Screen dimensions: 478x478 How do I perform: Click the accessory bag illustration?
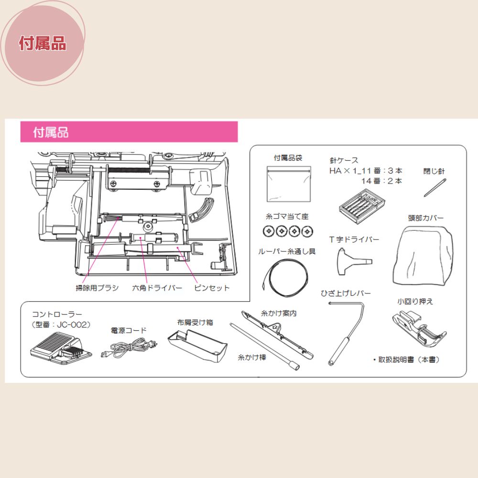tap(288, 184)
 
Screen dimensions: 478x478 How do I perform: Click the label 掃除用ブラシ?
tap(97, 288)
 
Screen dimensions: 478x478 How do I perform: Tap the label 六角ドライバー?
tap(157, 288)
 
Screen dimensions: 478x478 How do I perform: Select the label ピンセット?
tap(212, 288)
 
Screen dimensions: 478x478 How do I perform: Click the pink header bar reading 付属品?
tap(129, 132)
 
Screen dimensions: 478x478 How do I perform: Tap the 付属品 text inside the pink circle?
tap(43, 43)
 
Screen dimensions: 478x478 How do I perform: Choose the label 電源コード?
tap(129, 330)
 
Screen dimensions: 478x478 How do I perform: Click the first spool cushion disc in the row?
tap(269, 231)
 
